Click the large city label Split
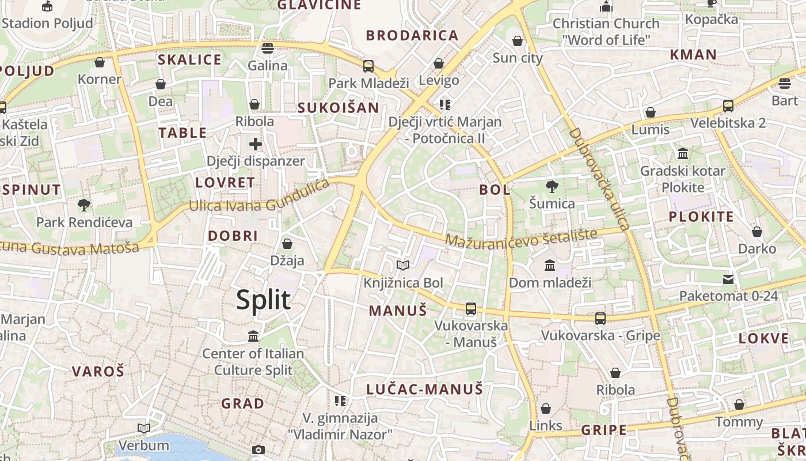coord(263,300)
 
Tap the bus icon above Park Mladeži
coord(368,66)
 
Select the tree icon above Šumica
coord(552,187)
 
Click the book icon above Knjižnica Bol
coord(403,266)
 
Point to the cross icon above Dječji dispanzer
coord(256,144)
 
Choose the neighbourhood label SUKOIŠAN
coord(338,108)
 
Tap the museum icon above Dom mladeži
coord(550,266)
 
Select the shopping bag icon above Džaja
coord(287,244)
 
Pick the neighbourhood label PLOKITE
coord(701,217)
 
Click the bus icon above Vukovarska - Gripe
coord(600,318)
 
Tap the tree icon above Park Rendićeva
coord(84,205)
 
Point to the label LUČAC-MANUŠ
coord(424,390)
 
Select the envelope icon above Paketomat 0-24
coord(728,279)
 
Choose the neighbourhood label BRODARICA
coord(412,35)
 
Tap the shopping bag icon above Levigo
coord(439,63)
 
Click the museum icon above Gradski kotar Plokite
coord(683,154)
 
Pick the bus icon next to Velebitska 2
coord(728,106)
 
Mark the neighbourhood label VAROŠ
coord(98,371)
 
